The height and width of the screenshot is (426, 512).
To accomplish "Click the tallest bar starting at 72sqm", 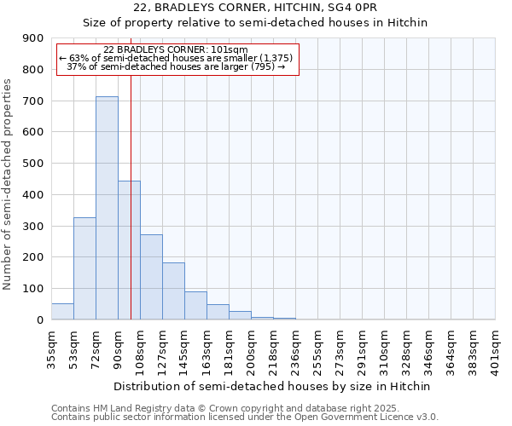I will tap(107, 208).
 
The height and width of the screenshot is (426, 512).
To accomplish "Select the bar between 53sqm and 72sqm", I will tap(84, 268).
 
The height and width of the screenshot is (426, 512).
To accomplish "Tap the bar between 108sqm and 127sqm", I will tap(151, 277).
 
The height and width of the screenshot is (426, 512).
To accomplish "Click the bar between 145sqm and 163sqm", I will tap(195, 306).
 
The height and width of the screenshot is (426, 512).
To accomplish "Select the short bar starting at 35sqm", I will tap(62, 312).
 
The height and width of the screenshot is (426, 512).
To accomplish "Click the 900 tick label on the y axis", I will tap(33, 38).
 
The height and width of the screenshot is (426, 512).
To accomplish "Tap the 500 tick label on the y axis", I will tap(33, 164).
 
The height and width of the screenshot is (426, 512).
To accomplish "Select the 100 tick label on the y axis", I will tap(33, 289).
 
